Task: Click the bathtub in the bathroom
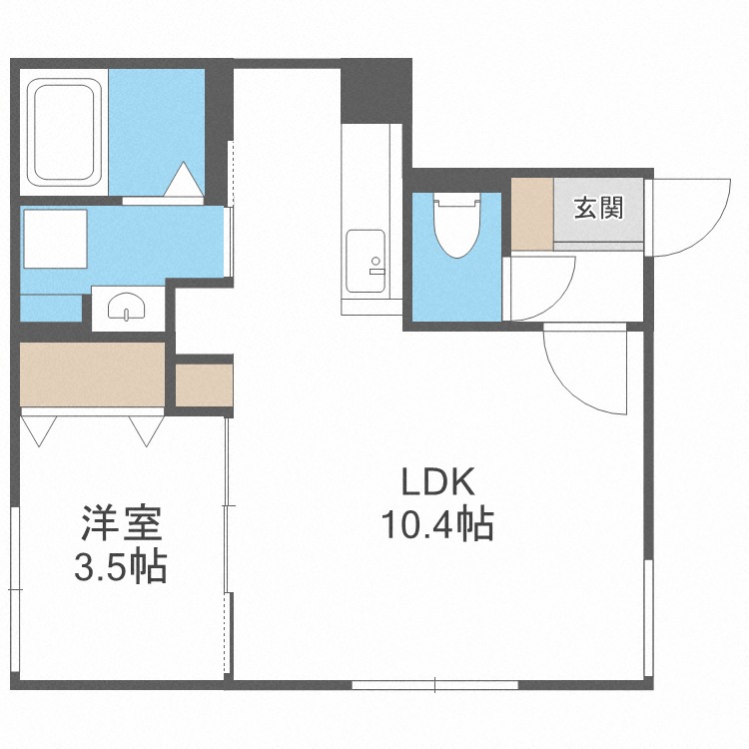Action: [67, 132]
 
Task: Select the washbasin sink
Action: [125, 308]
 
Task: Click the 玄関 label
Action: [598, 208]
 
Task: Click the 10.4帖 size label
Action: [437, 523]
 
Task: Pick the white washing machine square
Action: [55, 239]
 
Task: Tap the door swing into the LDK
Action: [584, 368]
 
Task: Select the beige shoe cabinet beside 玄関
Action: [531, 214]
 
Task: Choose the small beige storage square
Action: [204, 384]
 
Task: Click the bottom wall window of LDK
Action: [435, 685]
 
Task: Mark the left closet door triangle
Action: [39, 428]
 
